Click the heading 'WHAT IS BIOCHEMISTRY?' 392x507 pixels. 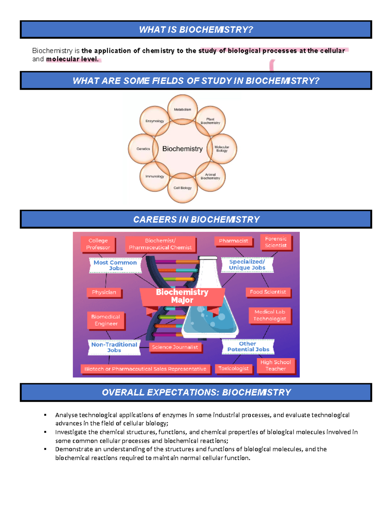[x=196, y=30]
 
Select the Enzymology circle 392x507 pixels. [x=155, y=121]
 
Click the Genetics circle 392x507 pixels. [x=143, y=149]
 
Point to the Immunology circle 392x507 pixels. [x=155, y=176]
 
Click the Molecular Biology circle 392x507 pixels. [x=222, y=149]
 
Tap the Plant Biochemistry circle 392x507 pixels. [x=210, y=121]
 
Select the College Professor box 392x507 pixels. [x=98, y=244]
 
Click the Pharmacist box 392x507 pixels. [x=233, y=241]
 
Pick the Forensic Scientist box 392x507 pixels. [x=276, y=242]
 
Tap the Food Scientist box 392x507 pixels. [x=268, y=292]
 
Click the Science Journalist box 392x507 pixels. [x=175, y=347]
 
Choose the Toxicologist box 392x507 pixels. [x=233, y=369]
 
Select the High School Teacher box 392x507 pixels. [x=275, y=365]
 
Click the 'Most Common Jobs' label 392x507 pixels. [x=115, y=265]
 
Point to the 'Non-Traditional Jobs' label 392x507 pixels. [x=114, y=347]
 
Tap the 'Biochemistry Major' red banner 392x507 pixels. [x=182, y=296]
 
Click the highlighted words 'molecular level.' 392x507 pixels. [x=73, y=59]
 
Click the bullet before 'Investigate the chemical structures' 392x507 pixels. [x=45, y=432]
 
